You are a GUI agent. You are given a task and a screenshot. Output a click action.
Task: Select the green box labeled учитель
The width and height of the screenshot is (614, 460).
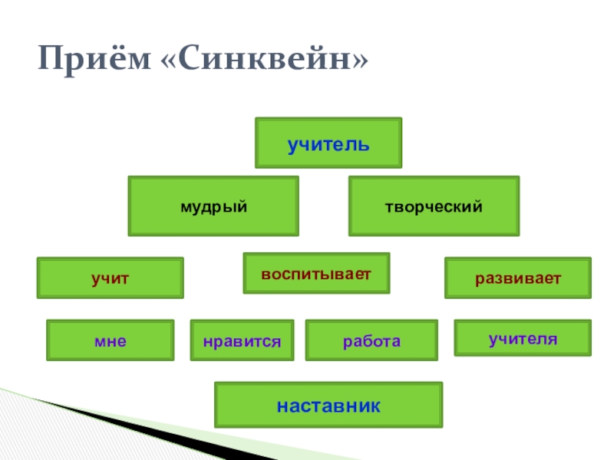(x=328, y=143)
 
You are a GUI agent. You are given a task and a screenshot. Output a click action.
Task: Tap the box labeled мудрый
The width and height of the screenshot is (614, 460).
(x=213, y=205)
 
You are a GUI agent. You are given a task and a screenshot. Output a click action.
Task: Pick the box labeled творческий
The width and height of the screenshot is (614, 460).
(x=434, y=205)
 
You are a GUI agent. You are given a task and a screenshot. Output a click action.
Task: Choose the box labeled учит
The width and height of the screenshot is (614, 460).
(x=111, y=278)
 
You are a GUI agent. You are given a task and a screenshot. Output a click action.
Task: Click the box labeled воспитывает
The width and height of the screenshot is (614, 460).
(x=316, y=273)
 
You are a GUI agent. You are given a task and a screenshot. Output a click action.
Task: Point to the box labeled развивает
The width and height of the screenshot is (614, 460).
(x=518, y=278)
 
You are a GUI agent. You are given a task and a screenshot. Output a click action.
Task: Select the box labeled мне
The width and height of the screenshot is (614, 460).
(x=111, y=340)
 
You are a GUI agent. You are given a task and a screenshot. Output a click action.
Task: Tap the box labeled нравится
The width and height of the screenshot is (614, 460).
(x=242, y=340)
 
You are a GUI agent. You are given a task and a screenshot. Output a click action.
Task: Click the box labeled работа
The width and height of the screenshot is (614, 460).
(x=371, y=340)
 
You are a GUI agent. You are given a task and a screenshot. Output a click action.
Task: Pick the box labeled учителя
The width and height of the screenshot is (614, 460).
(x=523, y=338)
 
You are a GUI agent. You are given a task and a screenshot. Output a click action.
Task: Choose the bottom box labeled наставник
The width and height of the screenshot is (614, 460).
(x=328, y=405)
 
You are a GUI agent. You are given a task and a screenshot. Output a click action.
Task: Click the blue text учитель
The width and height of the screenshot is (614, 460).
(x=328, y=143)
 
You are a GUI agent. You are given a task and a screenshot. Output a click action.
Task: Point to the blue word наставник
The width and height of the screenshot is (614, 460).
(x=328, y=405)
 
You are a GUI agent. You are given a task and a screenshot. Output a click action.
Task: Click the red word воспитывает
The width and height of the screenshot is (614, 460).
(x=316, y=274)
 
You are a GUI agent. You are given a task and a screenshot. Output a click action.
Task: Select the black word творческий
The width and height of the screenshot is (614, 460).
(x=434, y=206)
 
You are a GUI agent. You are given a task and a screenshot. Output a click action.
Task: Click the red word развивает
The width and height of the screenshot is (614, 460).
(x=518, y=278)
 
